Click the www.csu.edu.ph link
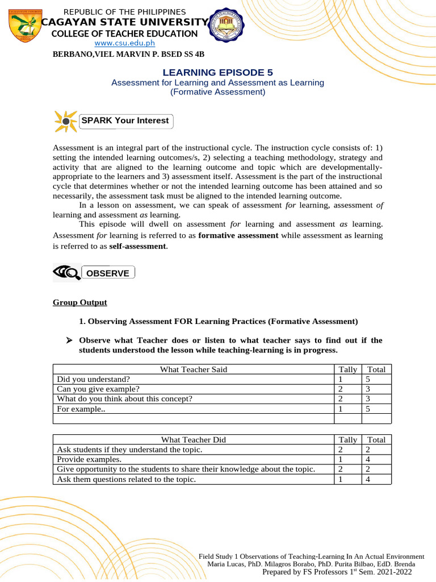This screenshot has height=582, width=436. [x=124, y=43]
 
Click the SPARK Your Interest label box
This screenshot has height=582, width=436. [x=125, y=120]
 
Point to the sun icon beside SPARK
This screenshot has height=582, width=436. [x=65, y=121]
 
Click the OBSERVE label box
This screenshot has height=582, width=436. [x=108, y=273]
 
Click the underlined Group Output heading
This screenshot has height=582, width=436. [x=79, y=302]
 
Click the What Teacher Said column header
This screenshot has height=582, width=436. [x=193, y=369]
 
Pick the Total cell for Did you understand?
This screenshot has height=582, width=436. [x=376, y=379]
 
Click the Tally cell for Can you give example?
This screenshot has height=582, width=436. [x=348, y=389]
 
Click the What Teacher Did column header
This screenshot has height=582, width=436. [x=193, y=439]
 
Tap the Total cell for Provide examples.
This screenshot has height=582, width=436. [x=376, y=459]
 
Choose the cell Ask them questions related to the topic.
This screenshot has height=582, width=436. [x=127, y=479]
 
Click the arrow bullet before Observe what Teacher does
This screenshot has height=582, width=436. [x=69, y=340]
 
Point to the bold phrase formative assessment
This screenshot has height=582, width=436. [x=238, y=235]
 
